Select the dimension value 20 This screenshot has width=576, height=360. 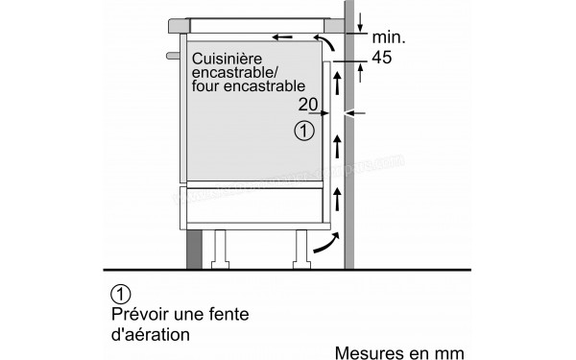(x=308, y=105)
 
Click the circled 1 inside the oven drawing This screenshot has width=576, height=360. (x=304, y=130)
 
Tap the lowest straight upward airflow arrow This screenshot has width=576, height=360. (x=338, y=200)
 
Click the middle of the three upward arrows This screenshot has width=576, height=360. (x=338, y=145)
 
